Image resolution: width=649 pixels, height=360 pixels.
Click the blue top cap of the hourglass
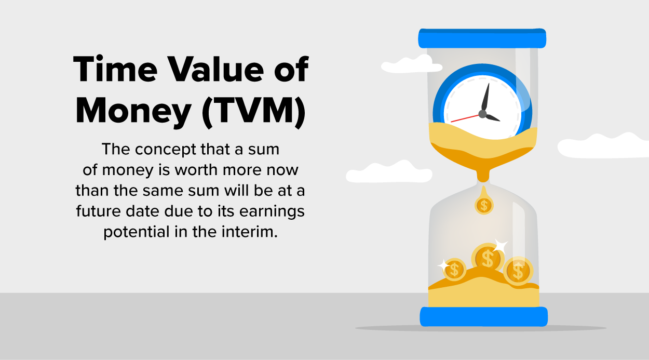(482, 38)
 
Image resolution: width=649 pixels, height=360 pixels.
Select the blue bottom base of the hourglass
(483, 316)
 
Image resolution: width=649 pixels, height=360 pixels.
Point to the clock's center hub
(482, 113)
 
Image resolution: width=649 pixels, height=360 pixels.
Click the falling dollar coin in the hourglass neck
(484, 205)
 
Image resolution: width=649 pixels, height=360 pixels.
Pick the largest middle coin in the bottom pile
(487, 258)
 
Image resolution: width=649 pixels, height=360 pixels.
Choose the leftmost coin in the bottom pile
(455, 269)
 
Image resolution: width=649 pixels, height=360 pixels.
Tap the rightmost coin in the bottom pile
(518, 270)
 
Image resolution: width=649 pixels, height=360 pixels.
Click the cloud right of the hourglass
(602, 145)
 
